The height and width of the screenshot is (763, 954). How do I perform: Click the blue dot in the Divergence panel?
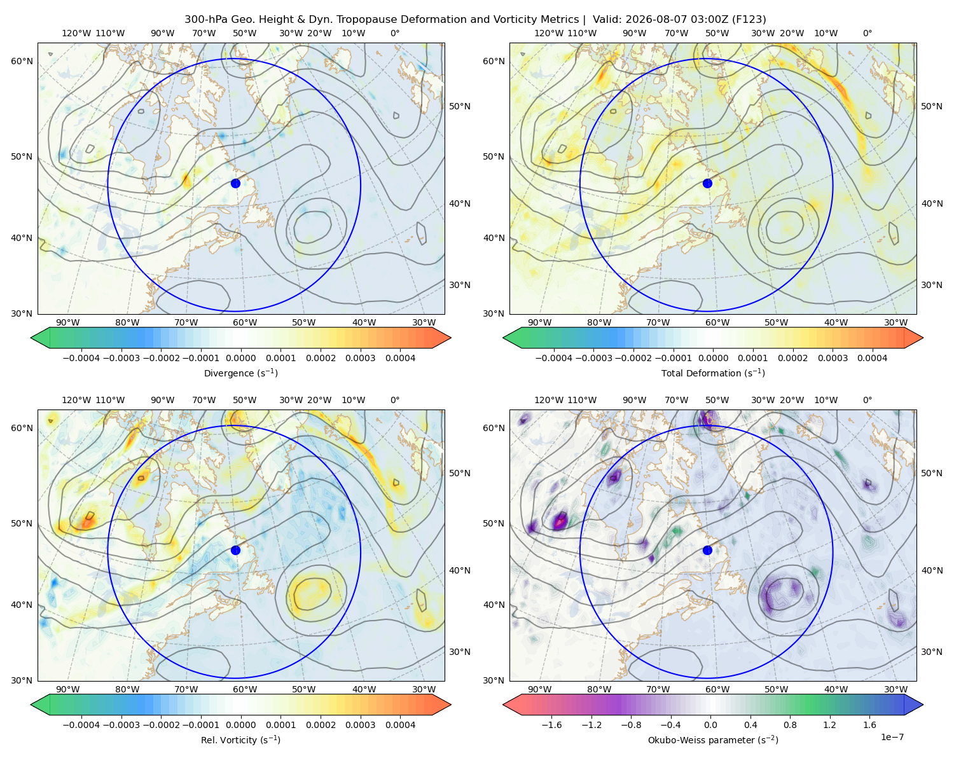[x=235, y=183]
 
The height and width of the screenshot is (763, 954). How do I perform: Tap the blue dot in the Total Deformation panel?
[x=707, y=183]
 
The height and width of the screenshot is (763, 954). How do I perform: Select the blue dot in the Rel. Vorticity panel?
[x=235, y=550]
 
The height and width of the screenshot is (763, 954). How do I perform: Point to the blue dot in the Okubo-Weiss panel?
[x=707, y=550]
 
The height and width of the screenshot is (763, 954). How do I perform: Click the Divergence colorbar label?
[x=240, y=373]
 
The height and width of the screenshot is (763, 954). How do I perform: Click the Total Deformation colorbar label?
[x=713, y=373]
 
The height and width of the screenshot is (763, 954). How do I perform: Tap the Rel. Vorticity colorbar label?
[x=240, y=739]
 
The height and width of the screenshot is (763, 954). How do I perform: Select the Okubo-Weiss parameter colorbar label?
[x=713, y=739]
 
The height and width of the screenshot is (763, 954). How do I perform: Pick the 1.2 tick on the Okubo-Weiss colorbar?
[x=829, y=724]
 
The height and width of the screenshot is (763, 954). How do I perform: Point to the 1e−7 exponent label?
[x=892, y=737]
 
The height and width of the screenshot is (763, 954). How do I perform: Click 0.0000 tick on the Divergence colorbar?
[x=240, y=358]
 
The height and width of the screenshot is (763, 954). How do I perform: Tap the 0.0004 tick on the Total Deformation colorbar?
[x=872, y=358]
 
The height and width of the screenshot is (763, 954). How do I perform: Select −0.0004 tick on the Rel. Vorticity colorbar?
[x=81, y=724]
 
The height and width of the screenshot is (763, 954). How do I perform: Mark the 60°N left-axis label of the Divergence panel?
[x=22, y=61]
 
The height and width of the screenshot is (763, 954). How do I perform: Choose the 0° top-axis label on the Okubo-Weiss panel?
[x=867, y=400]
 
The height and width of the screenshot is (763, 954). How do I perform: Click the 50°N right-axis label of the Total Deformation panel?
[x=931, y=106]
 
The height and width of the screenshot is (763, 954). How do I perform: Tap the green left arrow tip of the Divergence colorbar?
[x=31, y=338]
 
